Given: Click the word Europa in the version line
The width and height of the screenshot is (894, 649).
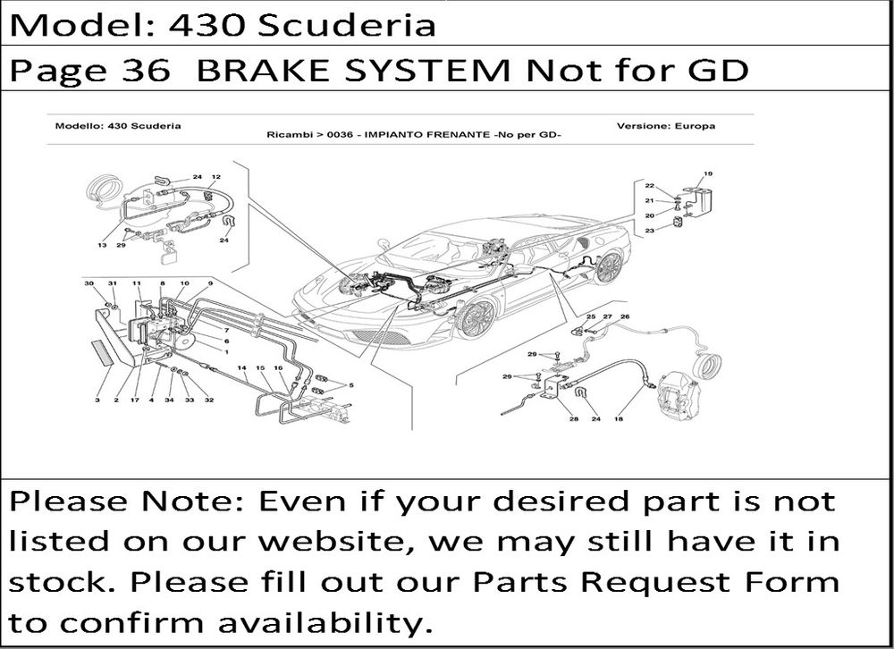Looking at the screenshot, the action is click(x=694, y=125).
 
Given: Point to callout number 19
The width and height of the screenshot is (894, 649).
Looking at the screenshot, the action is click(x=707, y=173).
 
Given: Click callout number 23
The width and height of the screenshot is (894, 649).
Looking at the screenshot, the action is click(x=649, y=231).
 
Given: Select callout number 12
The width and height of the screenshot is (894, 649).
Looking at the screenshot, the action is click(x=215, y=177).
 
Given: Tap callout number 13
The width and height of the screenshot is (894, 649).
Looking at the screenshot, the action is click(x=102, y=245).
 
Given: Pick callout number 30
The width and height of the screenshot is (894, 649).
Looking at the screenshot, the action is click(x=89, y=283).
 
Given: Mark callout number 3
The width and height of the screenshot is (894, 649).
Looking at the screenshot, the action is click(x=97, y=400).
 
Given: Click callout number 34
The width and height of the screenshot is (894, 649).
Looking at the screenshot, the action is click(x=169, y=400).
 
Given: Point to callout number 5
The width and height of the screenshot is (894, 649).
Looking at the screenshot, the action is click(x=351, y=385).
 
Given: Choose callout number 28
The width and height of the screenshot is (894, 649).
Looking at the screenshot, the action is click(x=574, y=419).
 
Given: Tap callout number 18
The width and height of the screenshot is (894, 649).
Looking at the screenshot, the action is click(x=619, y=419).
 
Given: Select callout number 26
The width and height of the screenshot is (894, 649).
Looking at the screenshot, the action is click(x=625, y=316).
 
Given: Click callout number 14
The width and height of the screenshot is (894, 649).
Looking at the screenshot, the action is click(x=241, y=367).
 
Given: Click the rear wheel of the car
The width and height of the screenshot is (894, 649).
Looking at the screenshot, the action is click(x=607, y=267).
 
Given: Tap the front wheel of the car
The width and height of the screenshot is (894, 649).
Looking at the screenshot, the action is click(x=477, y=318).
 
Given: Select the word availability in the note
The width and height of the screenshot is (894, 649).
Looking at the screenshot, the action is click(x=325, y=622).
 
